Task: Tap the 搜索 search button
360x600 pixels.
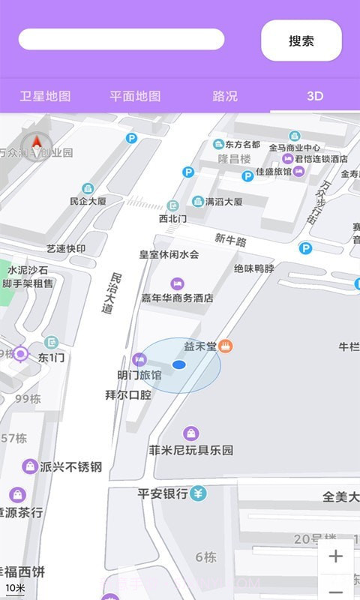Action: click(x=301, y=40)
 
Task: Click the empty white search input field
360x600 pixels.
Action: click(x=121, y=39)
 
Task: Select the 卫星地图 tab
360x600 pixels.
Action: click(x=45, y=96)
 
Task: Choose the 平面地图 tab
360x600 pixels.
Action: click(x=135, y=96)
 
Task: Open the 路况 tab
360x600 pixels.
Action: click(x=225, y=96)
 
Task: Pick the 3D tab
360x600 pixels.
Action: click(x=314, y=96)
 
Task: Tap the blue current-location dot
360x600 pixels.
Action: click(x=178, y=364)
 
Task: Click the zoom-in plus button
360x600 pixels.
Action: click(x=335, y=556)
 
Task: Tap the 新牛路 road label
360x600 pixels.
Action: click(x=230, y=239)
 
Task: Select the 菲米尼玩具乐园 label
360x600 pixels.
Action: click(x=191, y=451)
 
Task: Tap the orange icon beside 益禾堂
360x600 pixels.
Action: click(x=226, y=346)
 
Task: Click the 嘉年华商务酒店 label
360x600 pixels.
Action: click(x=178, y=298)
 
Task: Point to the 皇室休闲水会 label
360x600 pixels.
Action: click(x=169, y=254)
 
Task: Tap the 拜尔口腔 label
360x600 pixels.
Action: click(x=127, y=394)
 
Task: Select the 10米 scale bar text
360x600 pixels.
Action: click(x=15, y=587)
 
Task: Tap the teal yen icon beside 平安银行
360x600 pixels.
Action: click(x=198, y=493)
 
